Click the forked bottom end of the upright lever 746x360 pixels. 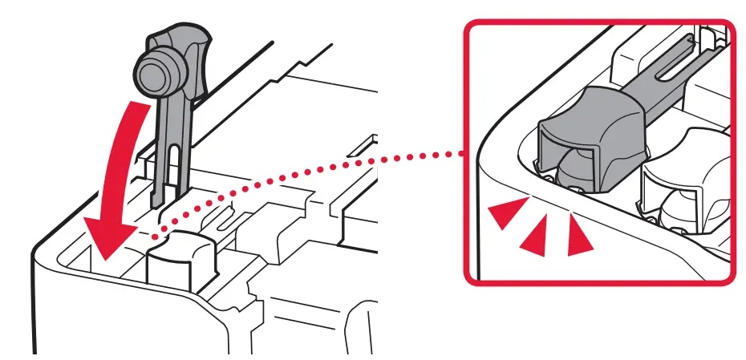[x=172, y=196]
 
